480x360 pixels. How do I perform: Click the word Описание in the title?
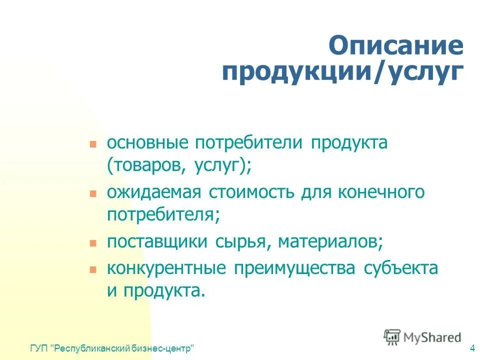tap(395, 45)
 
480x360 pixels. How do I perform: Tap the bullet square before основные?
tap(92, 143)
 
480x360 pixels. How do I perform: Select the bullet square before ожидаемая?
tap(92, 192)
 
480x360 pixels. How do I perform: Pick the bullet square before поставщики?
tap(92, 243)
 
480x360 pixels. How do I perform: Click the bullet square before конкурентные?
tap(92, 268)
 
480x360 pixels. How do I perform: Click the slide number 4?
tap(472, 348)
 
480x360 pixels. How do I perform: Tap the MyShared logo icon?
tap(392, 336)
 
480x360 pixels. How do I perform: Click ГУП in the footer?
tap(38, 348)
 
